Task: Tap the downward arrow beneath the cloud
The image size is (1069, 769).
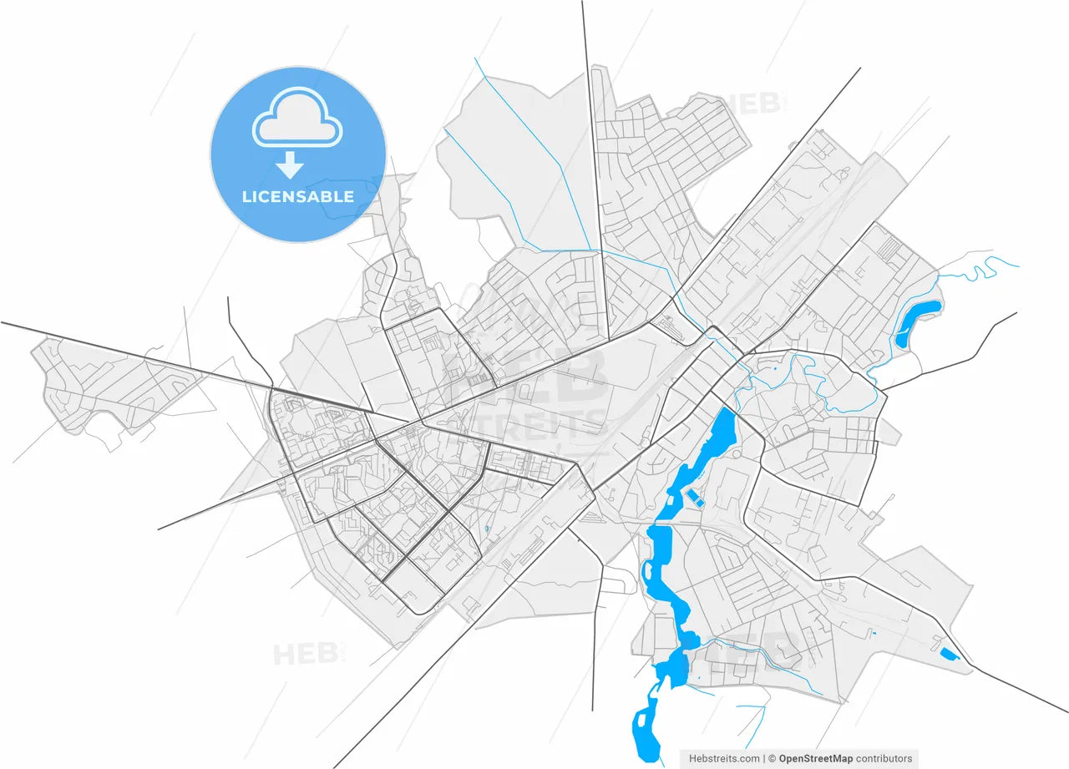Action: [290, 164]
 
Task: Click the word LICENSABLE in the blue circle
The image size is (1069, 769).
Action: [297, 197]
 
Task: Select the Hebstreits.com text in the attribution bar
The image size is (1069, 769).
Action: [724, 758]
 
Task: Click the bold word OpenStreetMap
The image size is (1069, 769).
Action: [816, 758]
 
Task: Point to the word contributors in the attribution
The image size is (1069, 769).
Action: [884, 758]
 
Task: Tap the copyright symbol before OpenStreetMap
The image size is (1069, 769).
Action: [773, 758]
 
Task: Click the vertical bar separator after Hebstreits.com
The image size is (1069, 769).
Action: [764, 758]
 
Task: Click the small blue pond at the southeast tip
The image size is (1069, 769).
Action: [950, 654]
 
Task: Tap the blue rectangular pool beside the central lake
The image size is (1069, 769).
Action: [694, 499]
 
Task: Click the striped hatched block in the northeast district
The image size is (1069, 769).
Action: [893, 249]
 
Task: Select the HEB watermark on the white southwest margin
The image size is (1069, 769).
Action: [306, 653]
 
